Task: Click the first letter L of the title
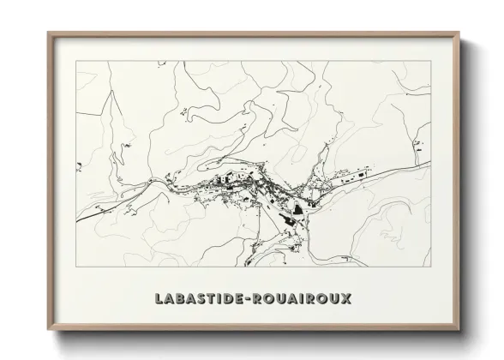(x=161, y=298)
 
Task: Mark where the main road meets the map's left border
(x=76, y=221)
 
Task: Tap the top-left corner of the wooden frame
(x=48, y=33)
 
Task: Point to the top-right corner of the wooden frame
(x=459, y=33)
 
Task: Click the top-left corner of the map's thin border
(x=76, y=63)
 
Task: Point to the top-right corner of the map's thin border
(x=429, y=63)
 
